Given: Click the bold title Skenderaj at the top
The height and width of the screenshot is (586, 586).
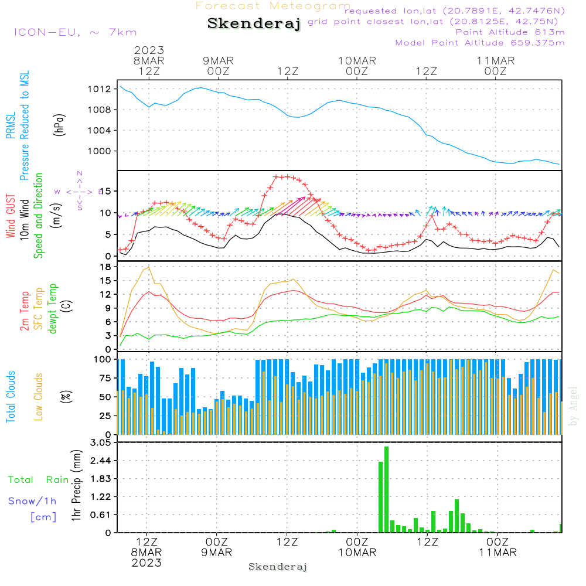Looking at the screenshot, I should [x=254, y=24].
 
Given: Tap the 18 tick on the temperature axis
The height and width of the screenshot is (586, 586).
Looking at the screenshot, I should [x=105, y=267].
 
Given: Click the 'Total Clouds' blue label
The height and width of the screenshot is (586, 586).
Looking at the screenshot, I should [x=11, y=397].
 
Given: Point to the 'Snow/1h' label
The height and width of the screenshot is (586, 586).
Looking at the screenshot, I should [x=32, y=501].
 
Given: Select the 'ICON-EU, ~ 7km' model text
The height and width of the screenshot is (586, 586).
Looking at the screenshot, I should [x=75, y=32].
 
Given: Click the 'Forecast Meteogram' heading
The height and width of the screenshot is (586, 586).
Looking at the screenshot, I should [x=273, y=6].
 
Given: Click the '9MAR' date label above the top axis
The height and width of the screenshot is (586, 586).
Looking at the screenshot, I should [x=219, y=60].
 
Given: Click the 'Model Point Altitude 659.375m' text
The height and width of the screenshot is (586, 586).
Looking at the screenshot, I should [x=480, y=43].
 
